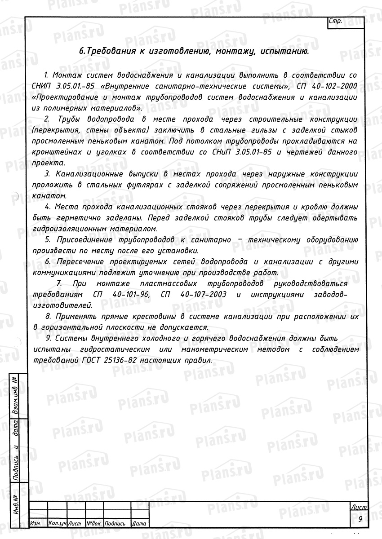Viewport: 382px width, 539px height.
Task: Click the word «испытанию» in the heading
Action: point(284,52)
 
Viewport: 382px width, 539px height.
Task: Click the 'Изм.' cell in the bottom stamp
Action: point(36,524)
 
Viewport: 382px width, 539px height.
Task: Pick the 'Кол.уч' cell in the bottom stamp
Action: point(57,524)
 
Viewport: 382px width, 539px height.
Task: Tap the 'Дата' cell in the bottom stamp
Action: point(139,524)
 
